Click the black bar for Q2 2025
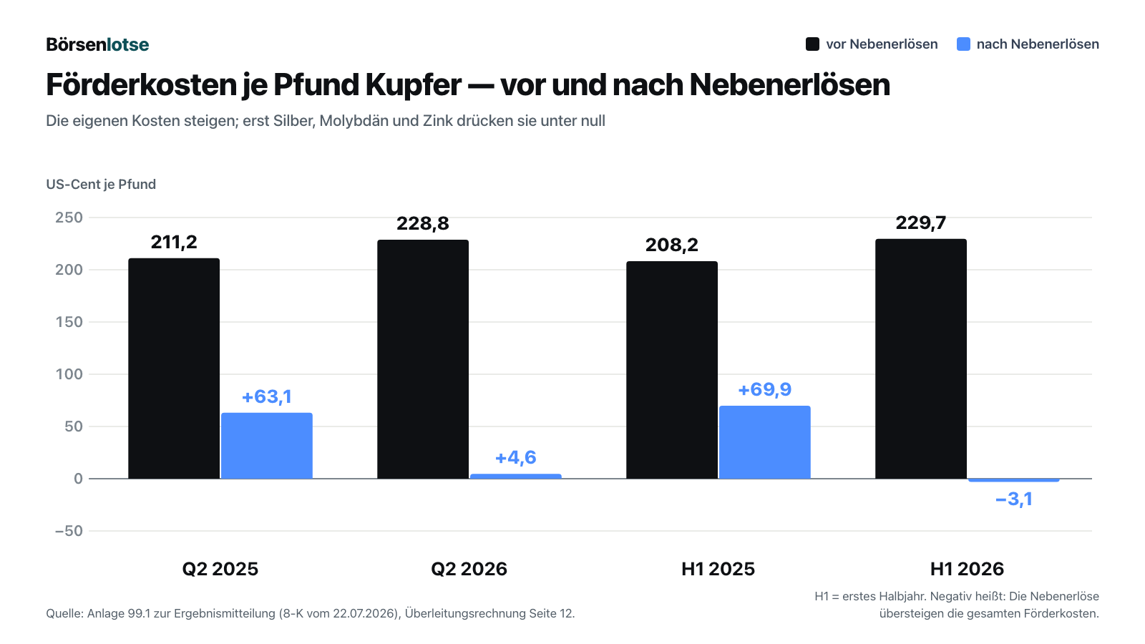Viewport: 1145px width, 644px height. pyautogui.click(x=174, y=369)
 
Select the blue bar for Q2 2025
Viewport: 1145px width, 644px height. pyautogui.click(x=267, y=446)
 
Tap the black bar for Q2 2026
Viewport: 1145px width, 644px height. pyautogui.click(x=423, y=359)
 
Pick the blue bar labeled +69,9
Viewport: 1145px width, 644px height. pyautogui.click(x=765, y=442)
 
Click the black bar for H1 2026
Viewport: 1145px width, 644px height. pyautogui.click(x=921, y=358)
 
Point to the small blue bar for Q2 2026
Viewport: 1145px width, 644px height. pyautogui.click(x=516, y=477)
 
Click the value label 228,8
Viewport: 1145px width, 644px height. pyautogui.click(x=423, y=223)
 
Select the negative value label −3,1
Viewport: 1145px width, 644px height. pyautogui.click(x=1013, y=499)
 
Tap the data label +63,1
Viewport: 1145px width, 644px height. pyautogui.click(x=267, y=396)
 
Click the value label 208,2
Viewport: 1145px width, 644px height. pyautogui.click(x=672, y=245)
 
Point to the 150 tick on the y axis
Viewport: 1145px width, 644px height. pyautogui.click(x=69, y=322)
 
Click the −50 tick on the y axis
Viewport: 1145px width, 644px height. pyautogui.click(x=69, y=531)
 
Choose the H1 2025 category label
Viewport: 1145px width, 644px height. pyautogui.click(x=718, y=569)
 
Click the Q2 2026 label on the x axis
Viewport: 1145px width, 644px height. pyautogui.click(x=469, y=569)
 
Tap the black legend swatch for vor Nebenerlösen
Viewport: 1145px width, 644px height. pyautogui.click(x=812, y=44)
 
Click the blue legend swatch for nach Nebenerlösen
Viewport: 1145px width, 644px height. pyautogui.click(x=963, y=44)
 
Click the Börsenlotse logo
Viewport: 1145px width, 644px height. pyautogui.click(x=97, y=44)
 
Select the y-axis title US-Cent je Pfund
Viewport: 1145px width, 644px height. pyautogui.click(x=101, y=184)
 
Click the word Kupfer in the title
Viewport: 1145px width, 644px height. pyautogui.click(x=413, y=85)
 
